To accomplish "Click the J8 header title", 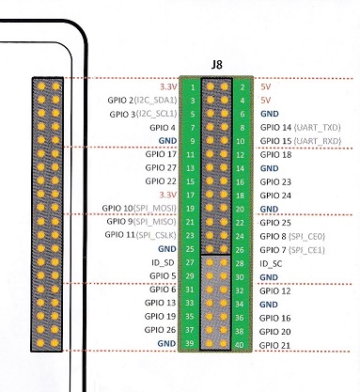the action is pos(216,65).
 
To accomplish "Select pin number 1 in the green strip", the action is pos(193,87).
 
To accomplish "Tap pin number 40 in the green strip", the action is pos(239,345).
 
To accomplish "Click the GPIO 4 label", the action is pos(163,128).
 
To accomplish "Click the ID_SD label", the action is pos(163,262).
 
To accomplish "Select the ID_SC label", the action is pos(271,263).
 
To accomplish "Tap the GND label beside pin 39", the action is pos(166,343).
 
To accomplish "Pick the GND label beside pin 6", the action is pos(270,114).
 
